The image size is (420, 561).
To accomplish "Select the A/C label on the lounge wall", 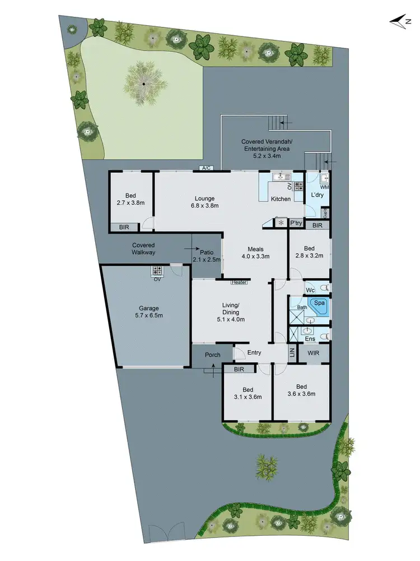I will pos(206,168).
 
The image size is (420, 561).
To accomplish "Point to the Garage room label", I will pos(149,308).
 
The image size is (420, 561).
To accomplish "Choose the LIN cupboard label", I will pos(292,353).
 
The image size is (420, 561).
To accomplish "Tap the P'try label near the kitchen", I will pos(296,223).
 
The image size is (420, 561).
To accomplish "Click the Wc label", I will pos(310,290).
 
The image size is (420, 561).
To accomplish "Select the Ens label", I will pos(310,339).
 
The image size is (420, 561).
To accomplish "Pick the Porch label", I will pos(212,355).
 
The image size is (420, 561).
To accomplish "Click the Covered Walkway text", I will pos(143,249).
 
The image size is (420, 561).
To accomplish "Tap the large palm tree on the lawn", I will pos(143,84).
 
